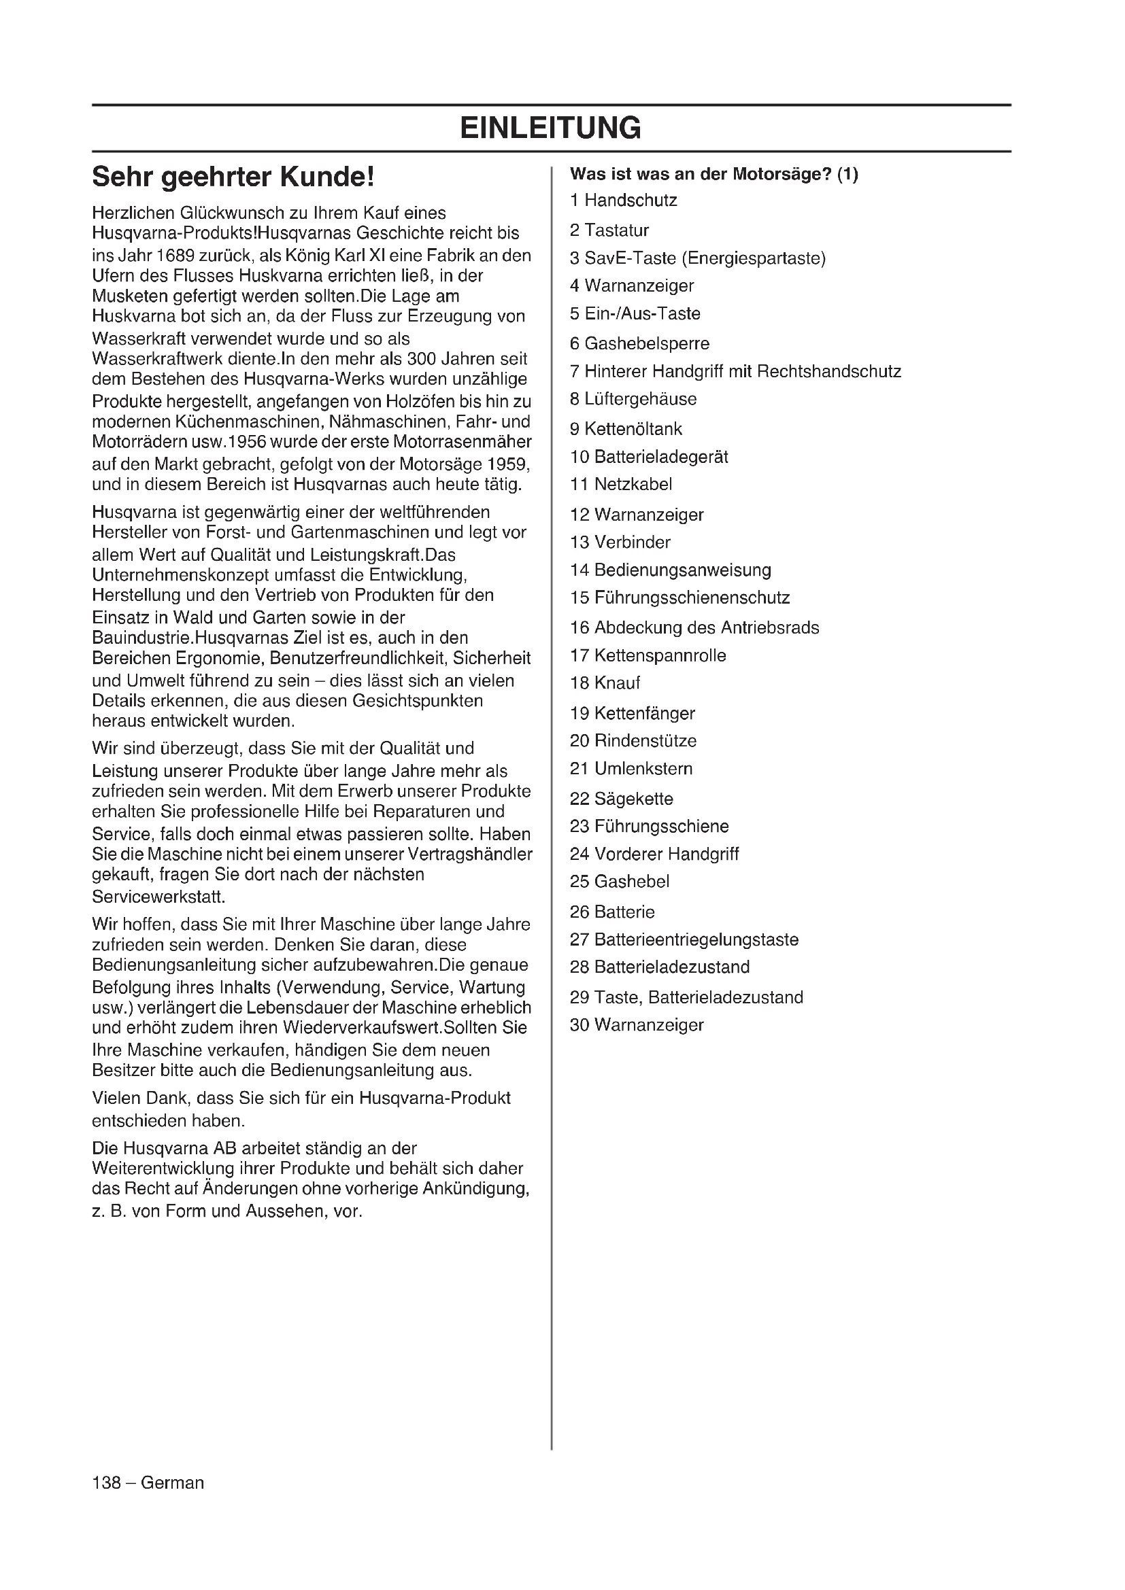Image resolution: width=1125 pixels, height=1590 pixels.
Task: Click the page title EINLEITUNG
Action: click(551, 128)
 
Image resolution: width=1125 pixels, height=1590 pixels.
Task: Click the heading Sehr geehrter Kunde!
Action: click(233, 177)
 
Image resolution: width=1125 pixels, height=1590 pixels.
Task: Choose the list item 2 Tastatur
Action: click(609, 230)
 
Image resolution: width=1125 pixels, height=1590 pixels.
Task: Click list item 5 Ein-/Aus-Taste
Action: click(635, 313)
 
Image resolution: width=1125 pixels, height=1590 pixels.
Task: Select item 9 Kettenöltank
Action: click(626, 429)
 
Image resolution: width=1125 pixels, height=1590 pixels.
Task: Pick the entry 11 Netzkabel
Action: click(621, 484)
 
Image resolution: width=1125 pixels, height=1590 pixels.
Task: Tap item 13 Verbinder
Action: click(620, 542)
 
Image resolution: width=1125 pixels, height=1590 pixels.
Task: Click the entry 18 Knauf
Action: click(605, 682)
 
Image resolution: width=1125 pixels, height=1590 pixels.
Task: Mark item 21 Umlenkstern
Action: click(631, 769)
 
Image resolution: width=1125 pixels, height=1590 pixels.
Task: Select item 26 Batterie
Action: click(611, 912)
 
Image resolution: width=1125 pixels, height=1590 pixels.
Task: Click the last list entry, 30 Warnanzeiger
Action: click(637, 1025)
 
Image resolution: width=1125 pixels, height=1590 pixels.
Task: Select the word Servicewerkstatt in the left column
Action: click(158, 897)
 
